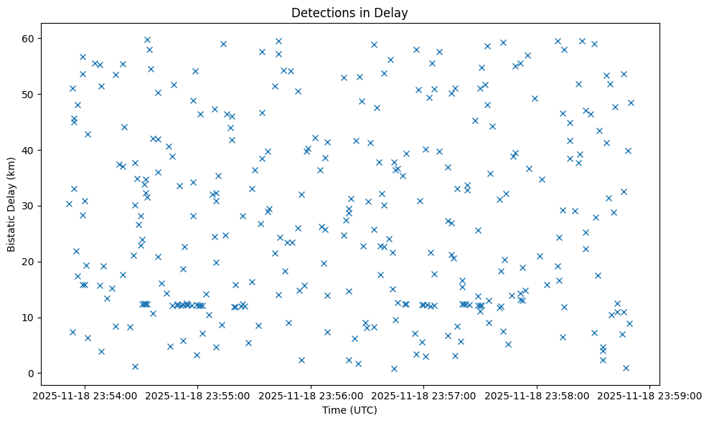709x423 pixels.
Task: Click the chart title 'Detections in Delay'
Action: [x=349, y=12]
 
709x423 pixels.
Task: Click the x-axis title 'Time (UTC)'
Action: [x=349, y=410]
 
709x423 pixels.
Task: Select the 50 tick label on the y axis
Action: [x=30, y=94]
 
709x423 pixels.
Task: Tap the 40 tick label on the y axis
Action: [x=30, y=150]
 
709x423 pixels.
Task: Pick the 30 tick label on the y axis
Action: [x=30, y=206]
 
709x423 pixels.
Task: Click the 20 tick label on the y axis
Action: [x=30, y=262]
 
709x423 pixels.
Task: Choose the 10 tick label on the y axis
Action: [x=30, y=318]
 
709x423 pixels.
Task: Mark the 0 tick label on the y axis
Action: [x=33, y=374]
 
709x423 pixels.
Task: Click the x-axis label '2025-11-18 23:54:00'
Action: [x=85, y=394]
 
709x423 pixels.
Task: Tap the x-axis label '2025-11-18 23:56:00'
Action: [x=311, y=394]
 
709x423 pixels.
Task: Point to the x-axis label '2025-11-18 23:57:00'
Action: [x=423, y=394]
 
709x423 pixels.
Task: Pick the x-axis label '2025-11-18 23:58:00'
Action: [x=537, y=394]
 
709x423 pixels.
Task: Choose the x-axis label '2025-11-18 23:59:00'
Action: [x=649, y=394]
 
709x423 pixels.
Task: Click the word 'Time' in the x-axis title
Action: [x=335, y=410]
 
